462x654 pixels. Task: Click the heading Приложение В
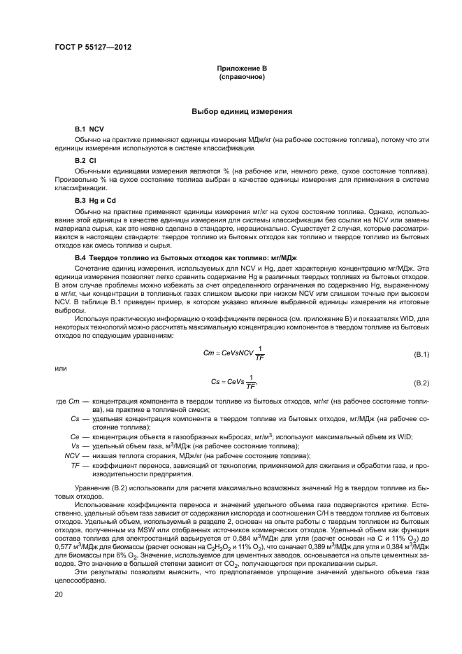click(241, 67)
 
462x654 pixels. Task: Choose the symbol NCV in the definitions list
click(72, 455)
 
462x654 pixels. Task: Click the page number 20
click(59, 593)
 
